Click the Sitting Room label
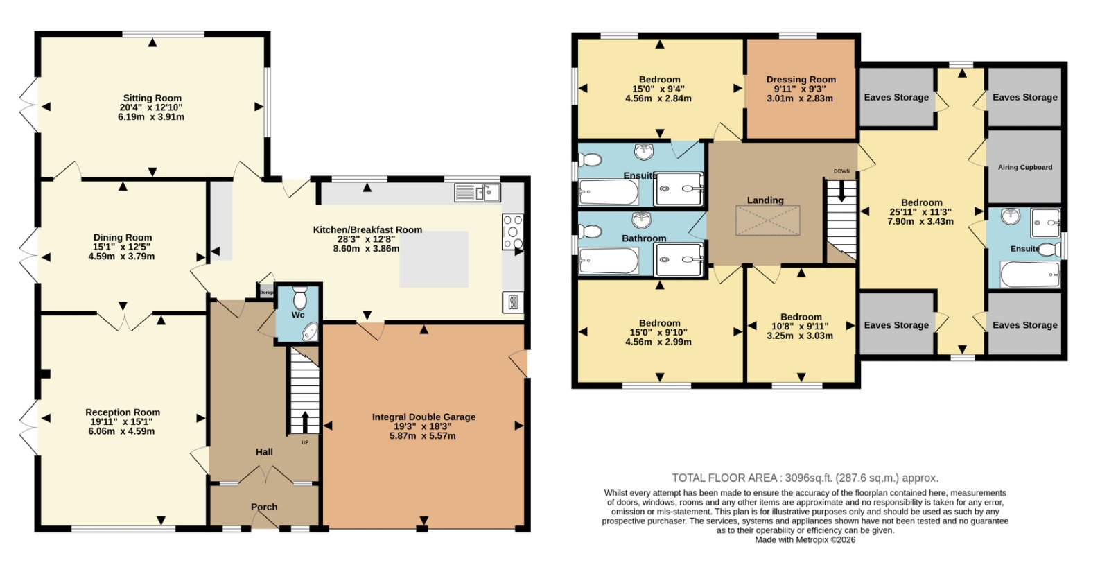[152, 98]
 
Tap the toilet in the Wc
[299, 297]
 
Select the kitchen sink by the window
[478, 193]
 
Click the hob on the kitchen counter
[512, 232]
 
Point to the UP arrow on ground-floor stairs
[304, 422]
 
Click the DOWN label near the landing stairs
[841, 171]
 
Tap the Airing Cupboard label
[1025, 167]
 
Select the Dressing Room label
[801, 79]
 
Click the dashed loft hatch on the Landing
[767, 220]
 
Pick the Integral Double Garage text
[423, 417]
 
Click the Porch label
[264, 507]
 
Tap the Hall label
[264, 451]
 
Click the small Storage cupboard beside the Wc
[266, 292]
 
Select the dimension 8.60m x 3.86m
[367, 249]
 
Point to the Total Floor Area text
[805, 478]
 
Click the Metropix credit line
[805, 540]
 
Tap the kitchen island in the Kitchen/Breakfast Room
[434, 259]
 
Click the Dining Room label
[123, 238]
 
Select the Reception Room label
[123, 412]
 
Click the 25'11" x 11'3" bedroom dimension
[921, 212]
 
